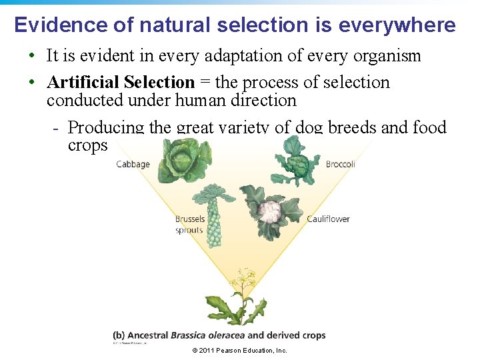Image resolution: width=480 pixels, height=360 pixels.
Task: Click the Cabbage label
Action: pyautogui.click(x=133, y=164)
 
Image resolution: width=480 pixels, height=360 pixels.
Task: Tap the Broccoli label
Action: pyautogui.click(x=340, y=164)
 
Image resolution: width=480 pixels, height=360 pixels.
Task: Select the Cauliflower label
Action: pyautogui.click(x=328, y=219)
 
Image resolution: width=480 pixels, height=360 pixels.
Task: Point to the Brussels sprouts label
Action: pyautogui.click(x=189, y=224)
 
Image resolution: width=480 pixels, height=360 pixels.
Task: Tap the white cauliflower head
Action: pyautogui.click(x=271, y=212)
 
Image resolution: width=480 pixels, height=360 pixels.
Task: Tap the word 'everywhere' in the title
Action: pyautogui.click(x=397, y=25)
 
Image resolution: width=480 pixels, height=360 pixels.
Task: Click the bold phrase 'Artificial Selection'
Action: pyautogui.click(x=121, y=83)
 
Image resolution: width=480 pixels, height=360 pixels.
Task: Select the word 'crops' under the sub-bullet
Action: pyautogui.click(x=87, y=145)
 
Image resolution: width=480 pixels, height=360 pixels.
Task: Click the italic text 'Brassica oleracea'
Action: pyautogui.click(x=207, y=335)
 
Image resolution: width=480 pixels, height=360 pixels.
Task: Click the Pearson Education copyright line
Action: pyautogui.click(x=239, y=351)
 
